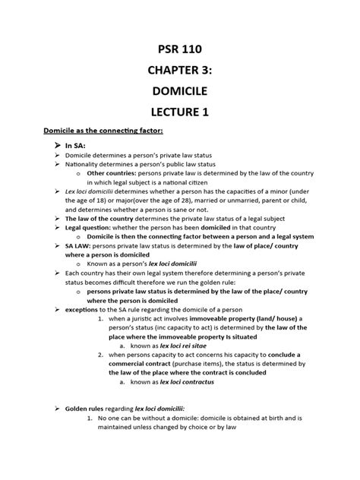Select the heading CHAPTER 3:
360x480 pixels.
click(x=179, y=77)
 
